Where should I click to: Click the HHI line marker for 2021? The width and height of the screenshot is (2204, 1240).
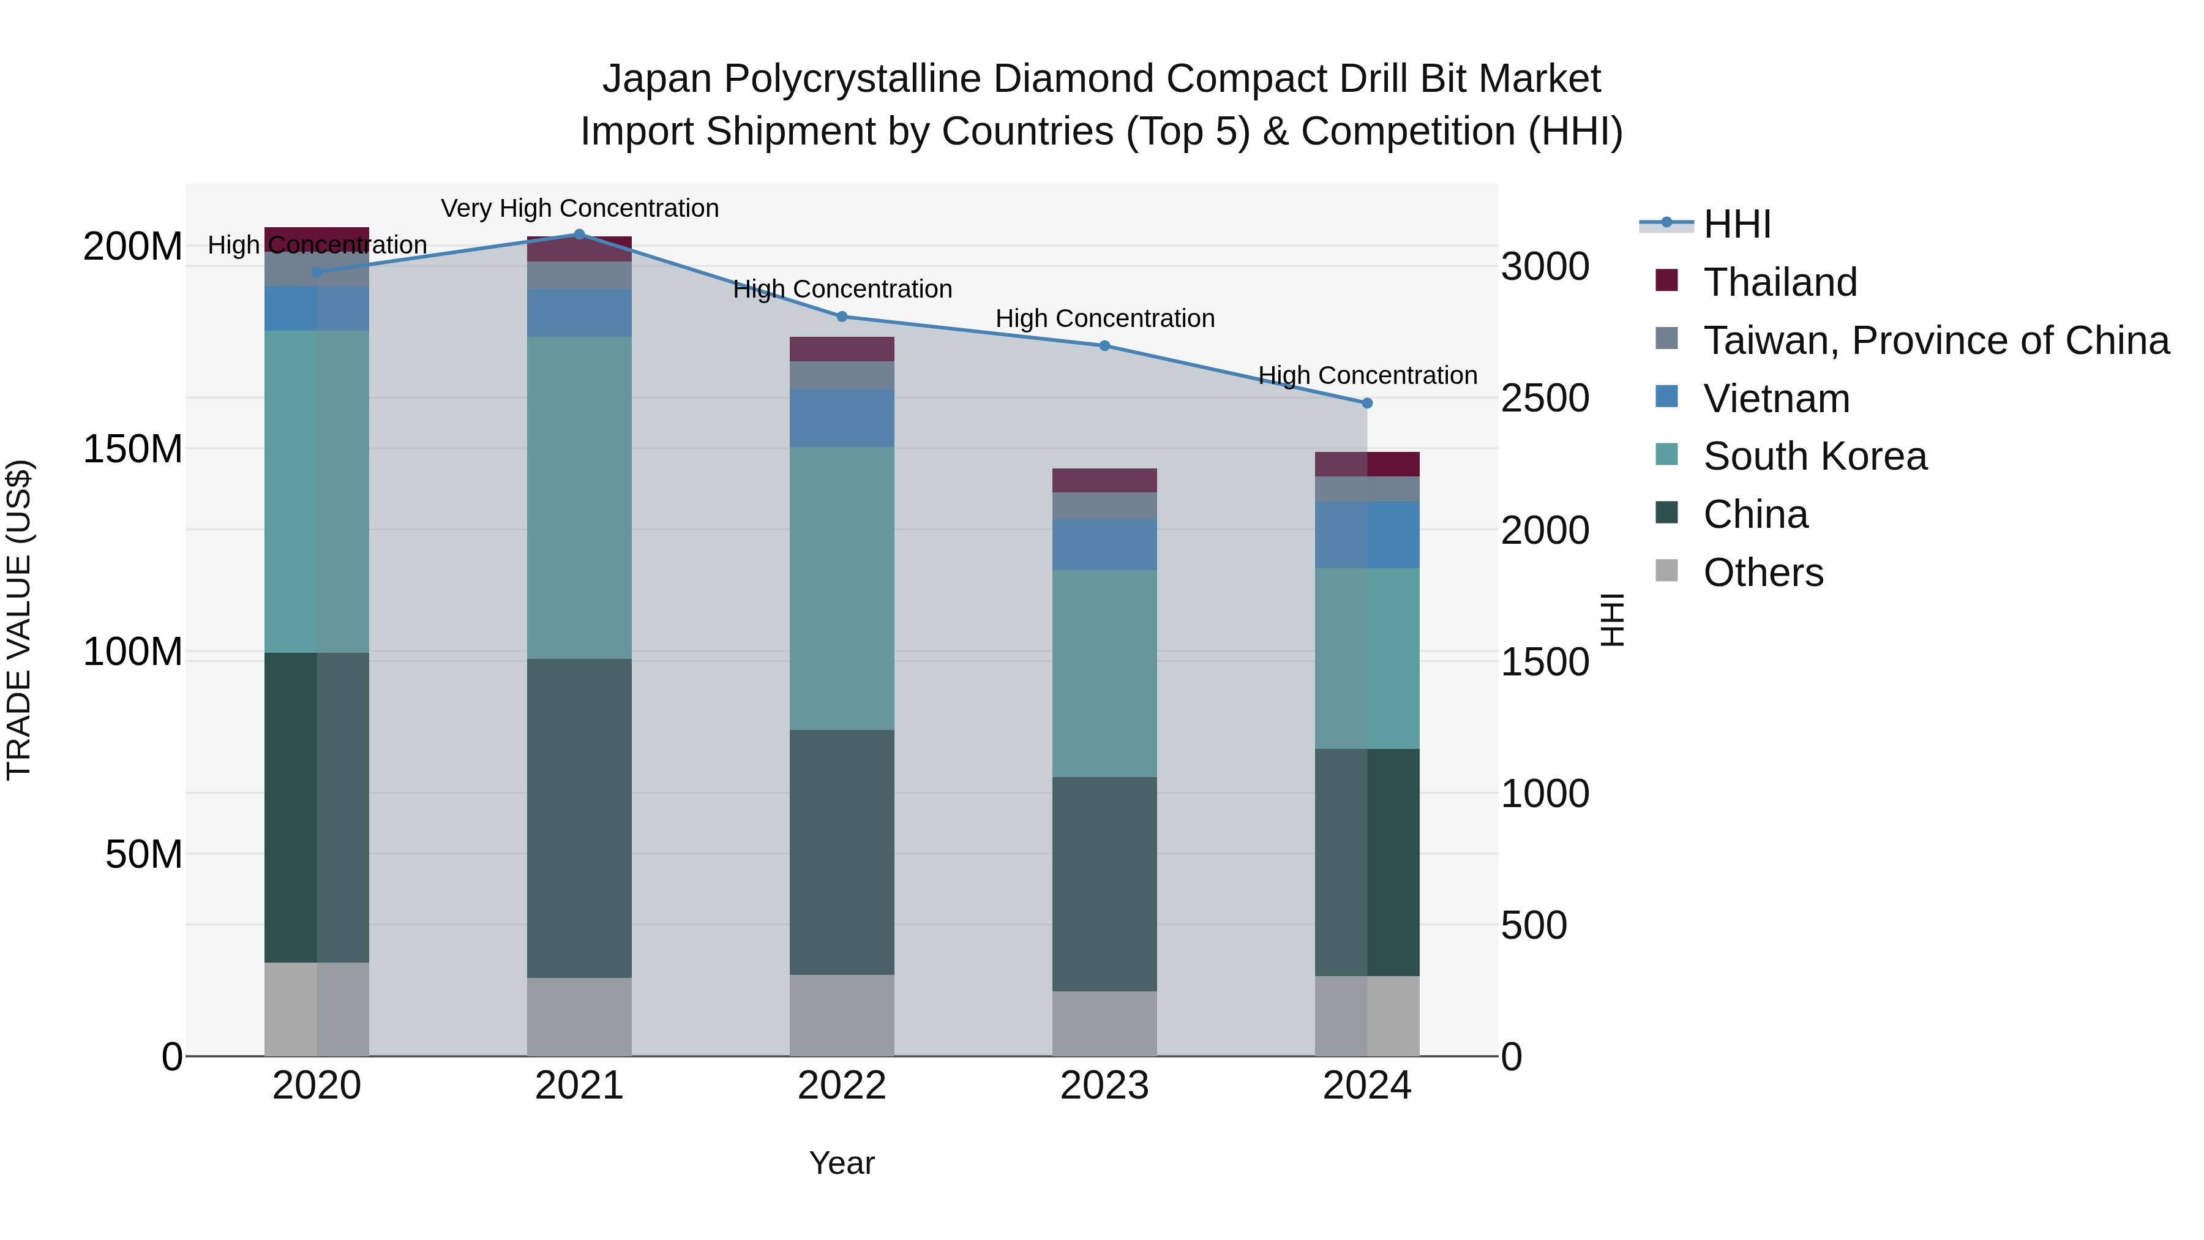point(579,235)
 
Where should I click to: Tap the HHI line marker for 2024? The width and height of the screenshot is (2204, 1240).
point(1366,403)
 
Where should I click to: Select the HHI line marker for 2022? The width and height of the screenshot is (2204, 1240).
point(842,317)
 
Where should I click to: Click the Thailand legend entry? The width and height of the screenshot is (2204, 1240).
point(1780,282)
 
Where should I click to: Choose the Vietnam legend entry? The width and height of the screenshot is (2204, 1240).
point(1776,399)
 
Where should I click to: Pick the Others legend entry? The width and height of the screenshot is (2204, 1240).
point(1763,573)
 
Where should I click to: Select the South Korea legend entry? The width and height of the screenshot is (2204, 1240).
point(1815,456)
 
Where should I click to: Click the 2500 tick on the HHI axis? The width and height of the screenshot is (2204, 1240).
point(1545,399)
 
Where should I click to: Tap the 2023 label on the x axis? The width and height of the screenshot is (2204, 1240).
point(1104,1086)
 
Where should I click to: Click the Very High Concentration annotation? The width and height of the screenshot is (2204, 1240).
point(579,208)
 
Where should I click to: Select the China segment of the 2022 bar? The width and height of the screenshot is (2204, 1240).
point(842,852)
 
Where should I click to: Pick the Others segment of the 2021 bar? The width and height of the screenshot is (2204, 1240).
point(579,1016)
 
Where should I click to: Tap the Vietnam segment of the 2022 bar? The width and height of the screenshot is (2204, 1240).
point(842,418)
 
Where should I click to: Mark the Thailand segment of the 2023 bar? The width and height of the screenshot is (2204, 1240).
point(1104,480)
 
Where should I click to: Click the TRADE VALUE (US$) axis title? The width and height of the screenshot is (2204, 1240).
point(19,620)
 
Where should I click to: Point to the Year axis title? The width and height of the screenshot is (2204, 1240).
point(842,1163)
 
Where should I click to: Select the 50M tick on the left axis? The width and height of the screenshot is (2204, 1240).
point(144,855)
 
